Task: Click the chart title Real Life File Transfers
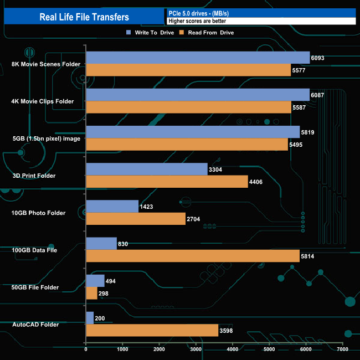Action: (x=84, y=17)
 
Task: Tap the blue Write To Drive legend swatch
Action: (x=128, y=33)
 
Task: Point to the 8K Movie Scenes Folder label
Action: (x=46, y=64)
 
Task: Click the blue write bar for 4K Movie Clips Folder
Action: (x=198, y=95)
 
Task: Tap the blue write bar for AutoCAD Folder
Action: (x=90, y=318)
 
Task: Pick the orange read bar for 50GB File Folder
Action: (x=91, y=294)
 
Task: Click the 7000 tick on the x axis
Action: (x=343, y=349)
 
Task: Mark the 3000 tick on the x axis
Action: (x=196, y=349)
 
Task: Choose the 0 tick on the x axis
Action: (x=86, y=349)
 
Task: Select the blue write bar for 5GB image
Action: (x=193, y=132)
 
